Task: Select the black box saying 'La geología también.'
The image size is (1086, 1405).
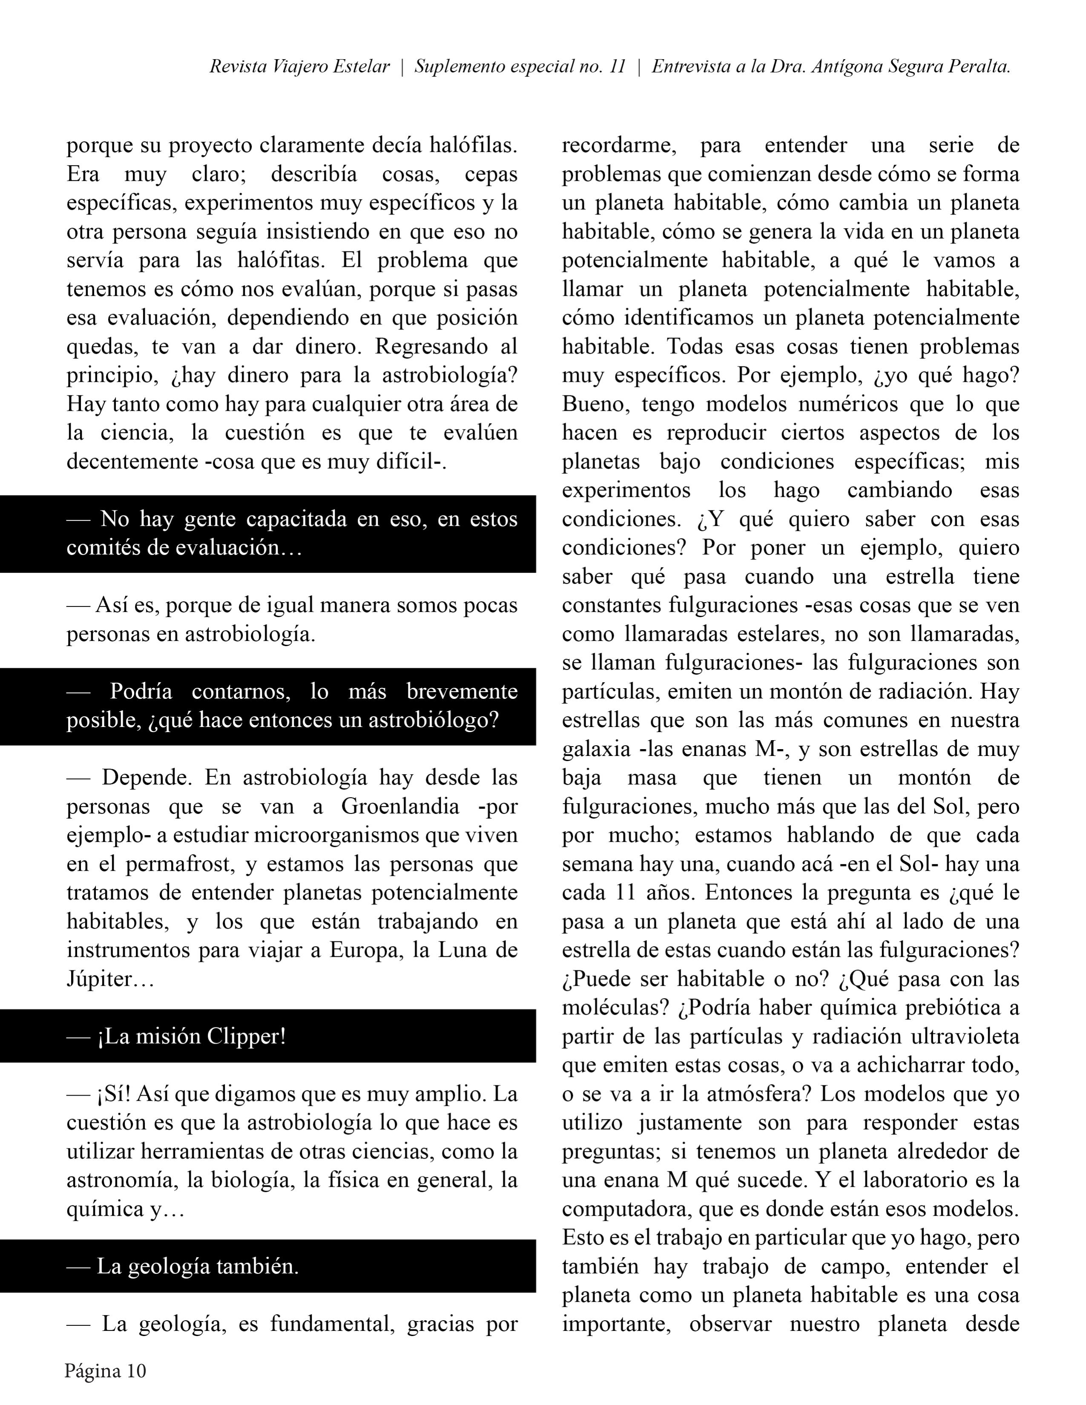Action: [x=268, y=1266]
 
